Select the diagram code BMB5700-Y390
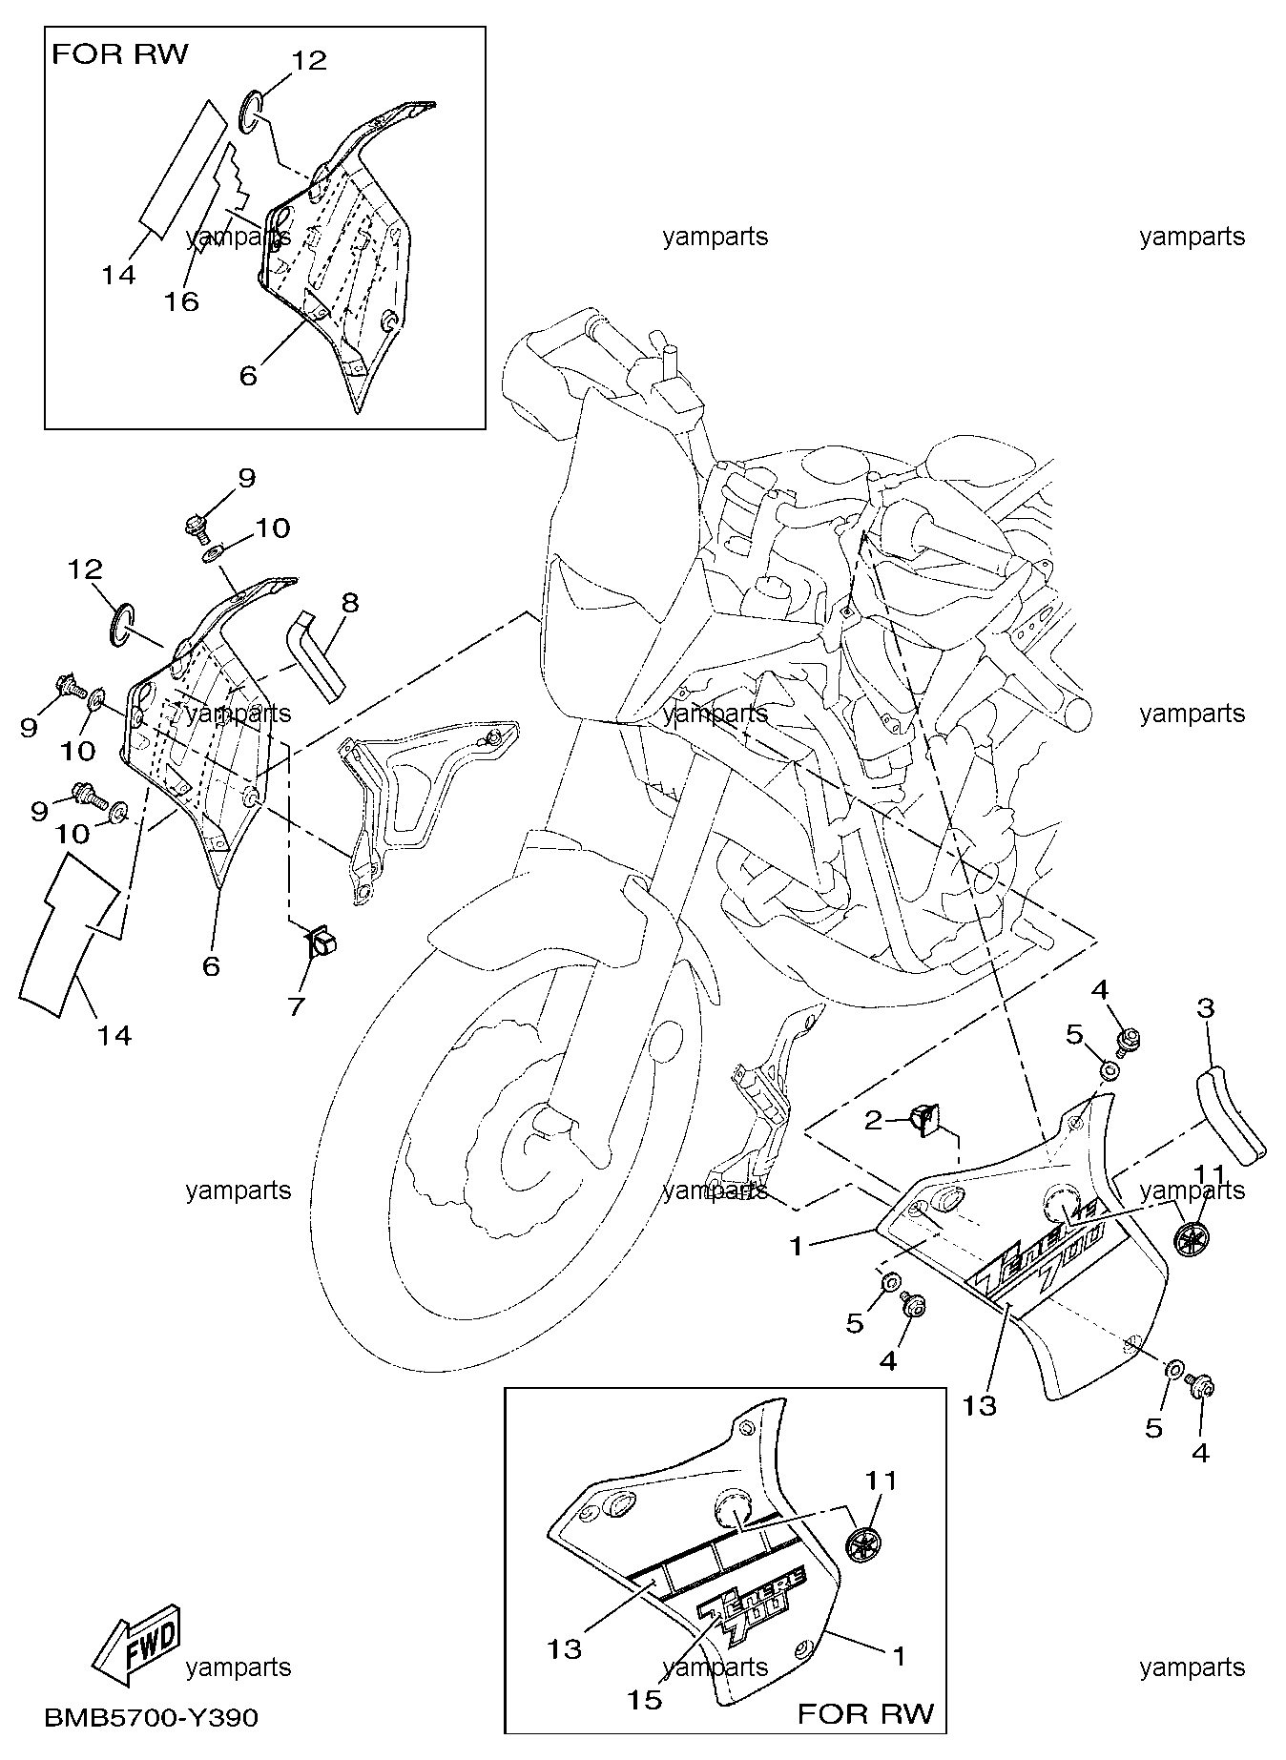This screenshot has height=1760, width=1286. (x=151, y=1717)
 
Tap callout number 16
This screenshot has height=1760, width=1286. (x=180, y=301)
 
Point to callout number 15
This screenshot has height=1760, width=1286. (x=645, y=1700)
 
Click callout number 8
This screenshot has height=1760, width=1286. (x=351, y=602)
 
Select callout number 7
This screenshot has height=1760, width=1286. (x=296, y=1006)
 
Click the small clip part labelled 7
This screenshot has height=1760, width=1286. (x=320, y=942)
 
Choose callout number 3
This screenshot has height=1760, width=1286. (x=1206, y=1007)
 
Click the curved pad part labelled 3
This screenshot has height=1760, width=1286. (x=1230, y=1114)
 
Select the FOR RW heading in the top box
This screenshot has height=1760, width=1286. (x=120, y=54)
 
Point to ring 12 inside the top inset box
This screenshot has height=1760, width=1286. (x=249, y=111)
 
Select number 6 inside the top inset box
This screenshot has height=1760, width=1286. (x=247, y=376)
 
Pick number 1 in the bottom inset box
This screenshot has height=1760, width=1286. (x=899, y=1655)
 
